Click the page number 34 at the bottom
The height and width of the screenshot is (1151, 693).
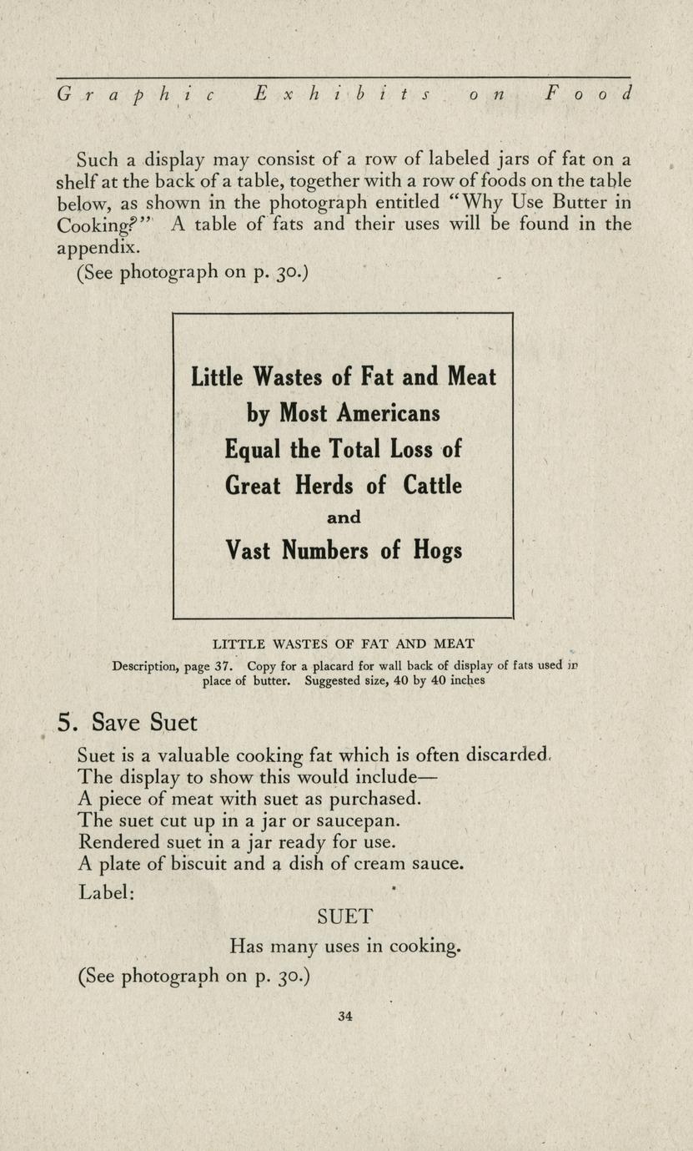coord(345,1016)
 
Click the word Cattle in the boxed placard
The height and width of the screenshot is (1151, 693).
coord(432,485)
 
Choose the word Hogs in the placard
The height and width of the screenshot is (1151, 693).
coord(435,551)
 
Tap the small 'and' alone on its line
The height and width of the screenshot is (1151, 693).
coord(344,517)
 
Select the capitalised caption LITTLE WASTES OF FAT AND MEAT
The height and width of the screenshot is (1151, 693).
coord(344,644)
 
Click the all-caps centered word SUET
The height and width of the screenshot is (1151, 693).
coord(344,916)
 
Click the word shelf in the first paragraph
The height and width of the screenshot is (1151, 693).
coord(78,180)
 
